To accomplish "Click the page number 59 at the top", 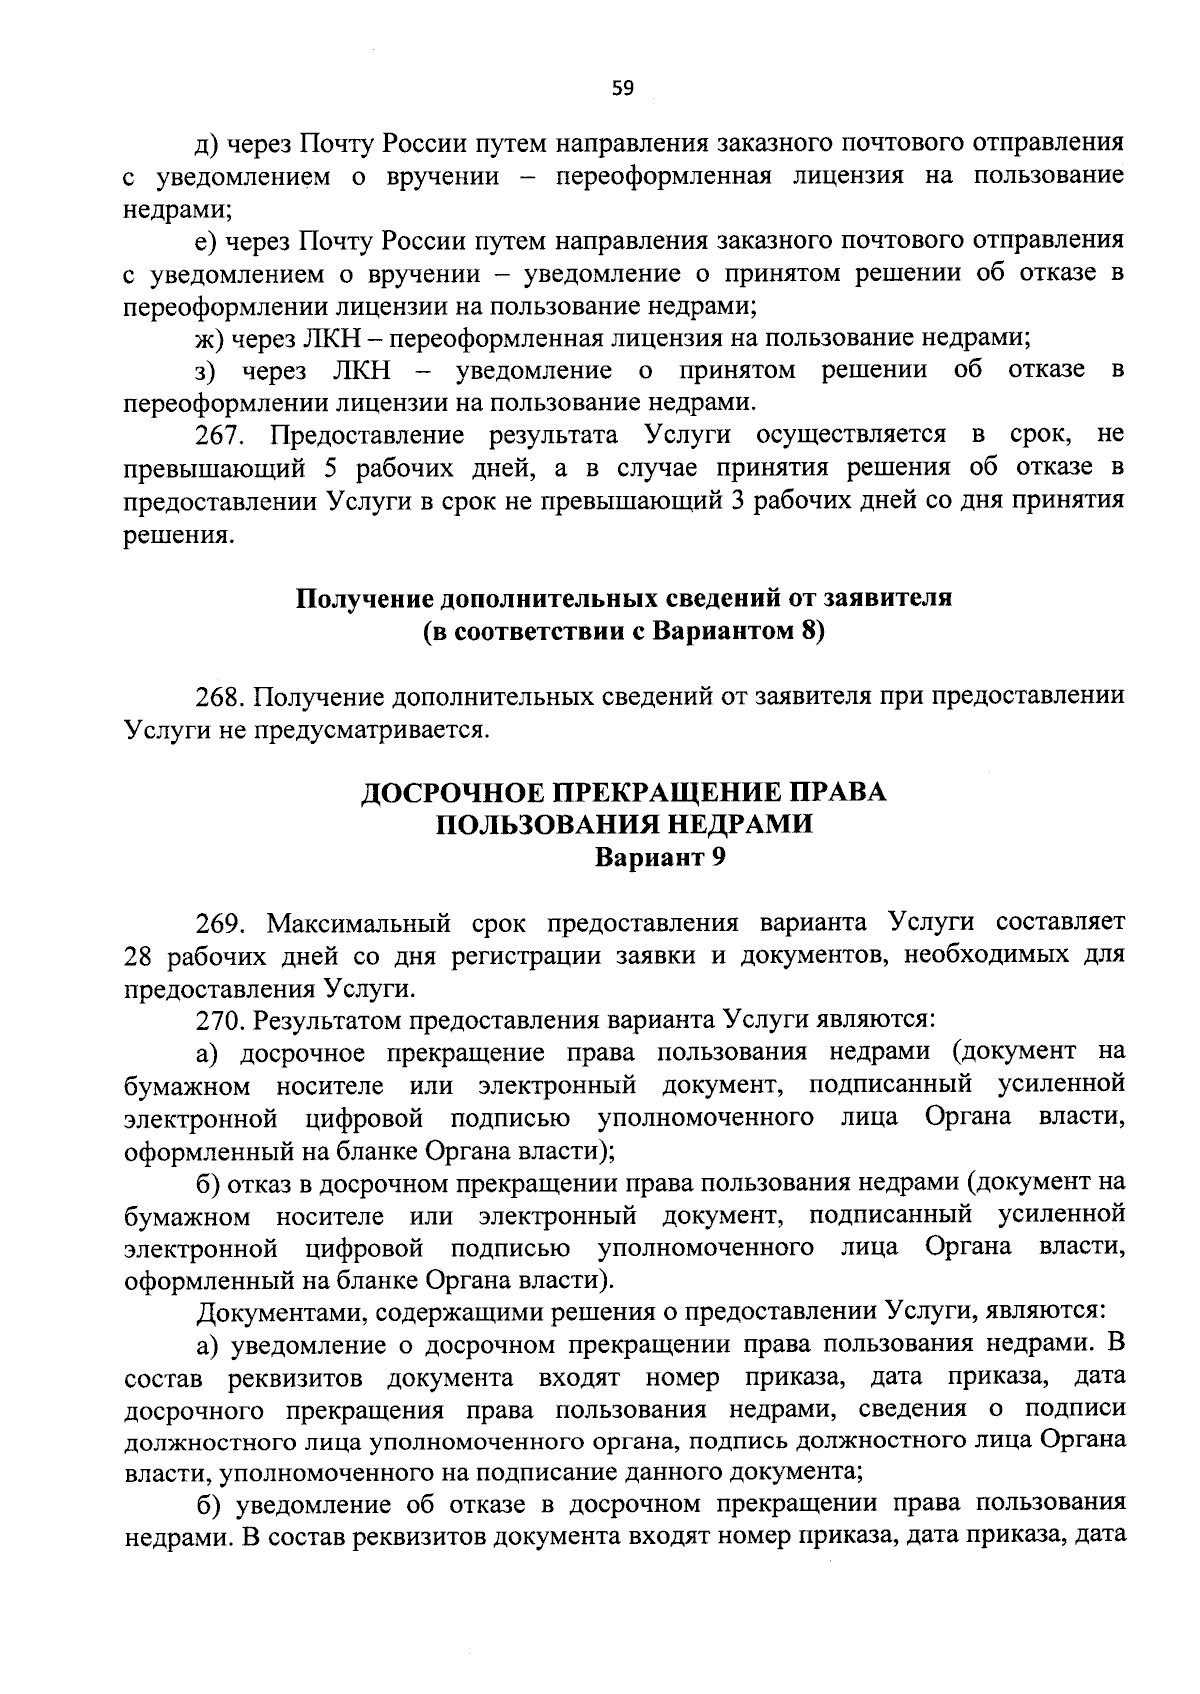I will (622, 88).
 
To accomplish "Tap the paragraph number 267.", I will (221, 435).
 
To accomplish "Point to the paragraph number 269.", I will (221, 921).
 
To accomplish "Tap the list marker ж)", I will (209, 338).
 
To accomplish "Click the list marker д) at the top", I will (207, 143).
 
